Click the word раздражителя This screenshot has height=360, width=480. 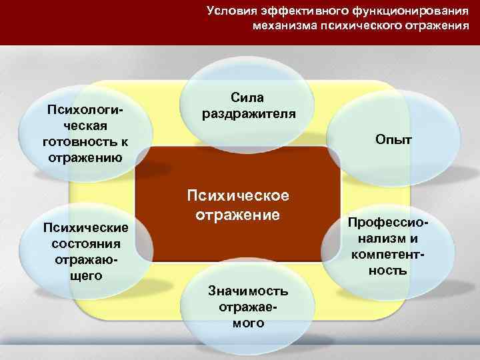[249, 113]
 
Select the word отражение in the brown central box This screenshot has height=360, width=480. [237, 215]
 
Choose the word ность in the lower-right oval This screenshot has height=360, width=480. [391, 271]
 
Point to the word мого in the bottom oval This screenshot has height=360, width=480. [248, 323]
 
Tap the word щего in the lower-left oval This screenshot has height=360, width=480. [86, 274]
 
